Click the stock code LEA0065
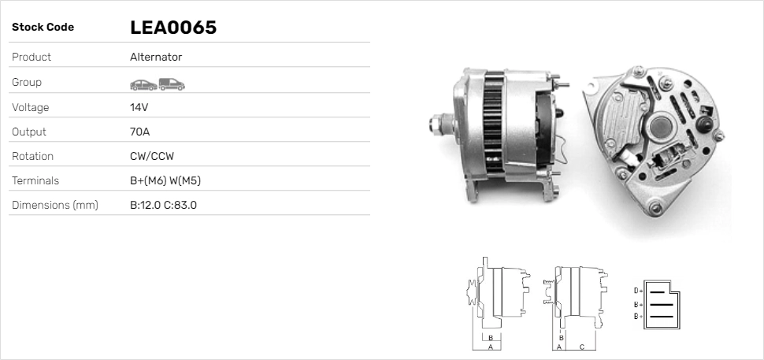click(173, 28)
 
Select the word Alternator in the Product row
click(156, 57)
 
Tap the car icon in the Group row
click(143, 85)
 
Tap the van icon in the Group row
click(172, 84)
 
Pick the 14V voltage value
click(139, 107)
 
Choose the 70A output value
click(140, 132)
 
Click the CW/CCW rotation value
click(152, 157)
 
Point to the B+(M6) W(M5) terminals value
click(165, 180)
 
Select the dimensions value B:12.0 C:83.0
click(163, 205)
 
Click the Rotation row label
click(32, 157)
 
